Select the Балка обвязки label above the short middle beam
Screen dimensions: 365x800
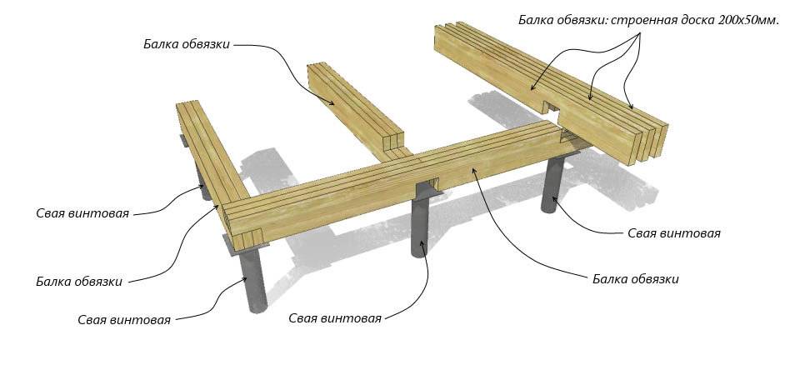pyautogui.click(x=186, y=44)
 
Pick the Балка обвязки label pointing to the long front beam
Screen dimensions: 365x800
pyautogui.click(x=635, y=279)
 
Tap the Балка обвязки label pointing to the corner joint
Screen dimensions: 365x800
pyautogui.click(x=79, y=282)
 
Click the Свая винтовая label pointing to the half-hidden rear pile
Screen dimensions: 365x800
pyautogui.click(x=82, y=213)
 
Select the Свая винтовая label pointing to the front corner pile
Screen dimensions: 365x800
pyautogui.click(x=124, y=320)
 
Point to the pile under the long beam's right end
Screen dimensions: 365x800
pyautogui.click(x=554, y=187)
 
